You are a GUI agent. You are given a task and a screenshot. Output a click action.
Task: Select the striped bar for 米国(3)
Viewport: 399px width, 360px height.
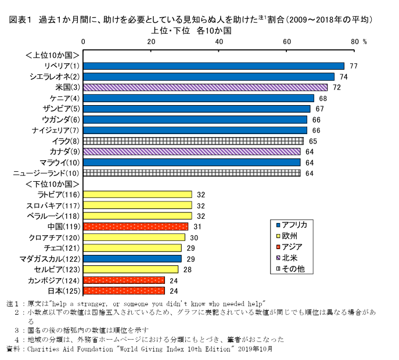pos(206,87)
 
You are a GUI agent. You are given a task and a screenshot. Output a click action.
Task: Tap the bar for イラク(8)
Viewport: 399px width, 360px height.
pos(193,141)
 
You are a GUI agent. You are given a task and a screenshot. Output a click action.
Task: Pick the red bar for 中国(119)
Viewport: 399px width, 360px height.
pos(136,226)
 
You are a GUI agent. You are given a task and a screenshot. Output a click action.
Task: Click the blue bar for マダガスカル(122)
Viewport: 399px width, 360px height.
pos(132,258)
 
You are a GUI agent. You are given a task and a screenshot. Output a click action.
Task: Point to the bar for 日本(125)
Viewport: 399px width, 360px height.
pos(124,290)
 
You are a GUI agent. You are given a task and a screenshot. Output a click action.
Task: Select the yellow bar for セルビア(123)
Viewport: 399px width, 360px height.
pos(131,269)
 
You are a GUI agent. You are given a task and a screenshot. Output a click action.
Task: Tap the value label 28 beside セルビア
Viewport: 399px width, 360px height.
pos(187,269)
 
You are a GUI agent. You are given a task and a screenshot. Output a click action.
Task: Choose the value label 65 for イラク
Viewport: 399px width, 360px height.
pos(312,141)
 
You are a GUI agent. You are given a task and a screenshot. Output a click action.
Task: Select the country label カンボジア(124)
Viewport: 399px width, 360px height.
pos(53,280)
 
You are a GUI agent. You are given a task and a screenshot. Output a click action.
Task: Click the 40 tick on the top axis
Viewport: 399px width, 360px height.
pos(219,42)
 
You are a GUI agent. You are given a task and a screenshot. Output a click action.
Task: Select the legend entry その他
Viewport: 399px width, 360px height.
pos(293,269)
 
